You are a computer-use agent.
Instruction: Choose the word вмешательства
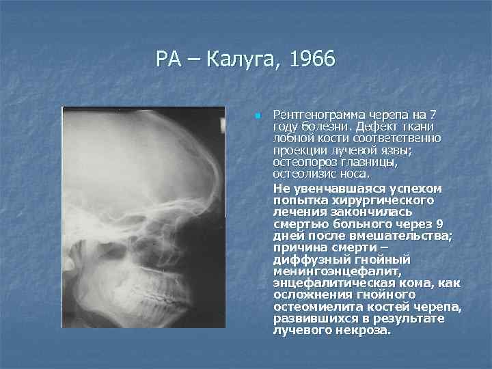pos(396,236)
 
